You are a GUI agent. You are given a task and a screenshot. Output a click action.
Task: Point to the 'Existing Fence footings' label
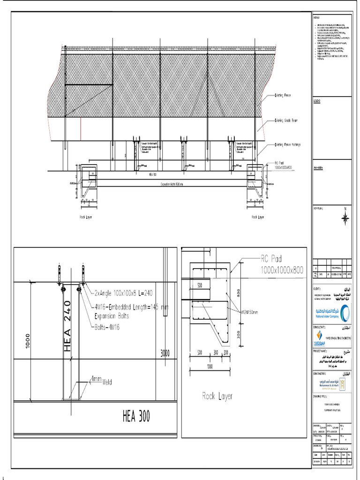click(x=287, y=145)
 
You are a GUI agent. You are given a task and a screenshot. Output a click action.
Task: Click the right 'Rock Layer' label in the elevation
click(x=258, y=217)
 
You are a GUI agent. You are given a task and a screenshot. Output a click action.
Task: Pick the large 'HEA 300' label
click(x=136, y=416)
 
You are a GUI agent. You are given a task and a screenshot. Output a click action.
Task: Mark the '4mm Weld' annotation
click(x=102, y=380)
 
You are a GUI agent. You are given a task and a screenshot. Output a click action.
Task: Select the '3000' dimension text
click(x=165, y=352)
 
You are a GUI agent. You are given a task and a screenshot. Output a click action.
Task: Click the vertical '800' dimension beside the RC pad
click(x=239, y=293)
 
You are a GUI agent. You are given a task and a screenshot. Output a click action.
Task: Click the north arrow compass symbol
click(x=345, y=217)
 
